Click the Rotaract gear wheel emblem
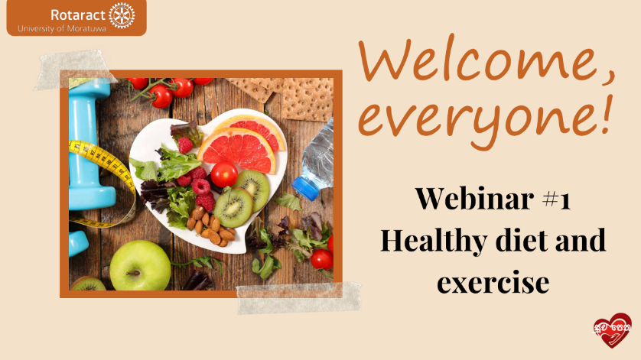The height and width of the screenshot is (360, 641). (x=122, y=15)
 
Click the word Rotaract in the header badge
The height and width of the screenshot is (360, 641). (x=78, y=15)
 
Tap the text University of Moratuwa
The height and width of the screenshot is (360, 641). (x=62, y=29)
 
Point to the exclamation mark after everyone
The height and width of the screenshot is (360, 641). (x=607, y=115)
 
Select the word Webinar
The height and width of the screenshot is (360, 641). (x=474, y=198)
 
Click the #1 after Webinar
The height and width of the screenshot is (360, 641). (x=556, y=199)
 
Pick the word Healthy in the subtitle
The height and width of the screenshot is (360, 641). (x=434, y=241)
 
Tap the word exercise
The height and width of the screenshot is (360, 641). (x=493, y=283)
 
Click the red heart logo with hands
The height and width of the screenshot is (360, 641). (x=612, y=330)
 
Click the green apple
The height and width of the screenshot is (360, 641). (x=140, y=266)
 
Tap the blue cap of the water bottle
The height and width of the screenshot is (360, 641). (x=305, y=189)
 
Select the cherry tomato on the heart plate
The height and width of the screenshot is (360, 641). (x=224, y=174)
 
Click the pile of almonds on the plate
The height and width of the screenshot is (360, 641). (x=210, y=228)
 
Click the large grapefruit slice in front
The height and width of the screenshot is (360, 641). (x=238, y=151)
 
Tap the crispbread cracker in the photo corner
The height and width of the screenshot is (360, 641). (x=307, y=99)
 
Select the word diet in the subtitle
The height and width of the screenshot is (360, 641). (x=521, y=240)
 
